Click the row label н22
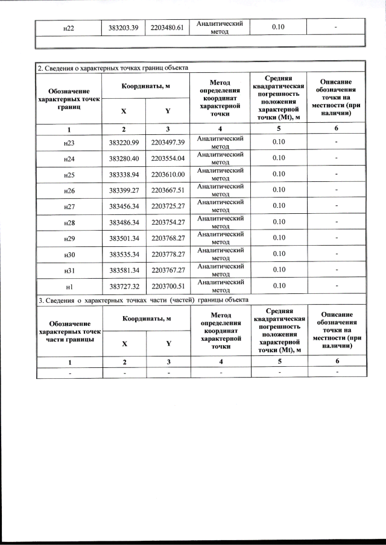tap(69, 28)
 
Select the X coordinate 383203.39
tap(124, 28)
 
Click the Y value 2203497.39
tap(168, 142)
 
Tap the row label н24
tap(69, 158)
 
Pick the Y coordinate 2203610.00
tap(168, 174)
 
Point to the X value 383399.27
tap(124, 190)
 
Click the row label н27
tap(69, 207)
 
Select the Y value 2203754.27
tap(168, 223)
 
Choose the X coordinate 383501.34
tap(124, 239)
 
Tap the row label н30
tap(69, 255)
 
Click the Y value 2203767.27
tap(168, 271)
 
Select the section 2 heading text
tap(113, 67)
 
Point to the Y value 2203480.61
tap(168, 28)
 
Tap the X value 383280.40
tap(124, 158)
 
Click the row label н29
tap(69, 239)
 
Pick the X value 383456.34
tap(124, 207)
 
